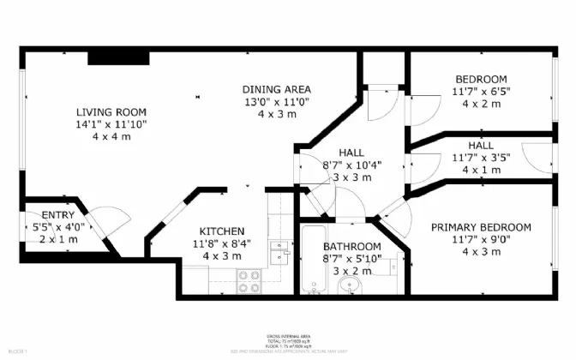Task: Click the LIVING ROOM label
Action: point(111,112)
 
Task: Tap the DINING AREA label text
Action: point(276,89)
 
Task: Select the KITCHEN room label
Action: point(223,231)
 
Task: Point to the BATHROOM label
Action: point(351,246)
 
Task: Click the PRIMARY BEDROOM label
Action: point(480,227)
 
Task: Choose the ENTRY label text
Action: point(35,216)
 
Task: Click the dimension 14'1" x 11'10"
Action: point(111,124)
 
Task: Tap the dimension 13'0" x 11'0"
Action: point(276,101)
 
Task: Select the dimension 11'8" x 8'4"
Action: point(223,243)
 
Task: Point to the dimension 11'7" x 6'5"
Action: point(480,91)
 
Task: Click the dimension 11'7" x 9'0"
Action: point(480,239)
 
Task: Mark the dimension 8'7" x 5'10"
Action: point(351,258)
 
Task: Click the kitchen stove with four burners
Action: point(249,281)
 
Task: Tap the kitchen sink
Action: point(279,250)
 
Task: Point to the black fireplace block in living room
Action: point(118,57)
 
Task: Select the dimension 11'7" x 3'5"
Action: point(480,158)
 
